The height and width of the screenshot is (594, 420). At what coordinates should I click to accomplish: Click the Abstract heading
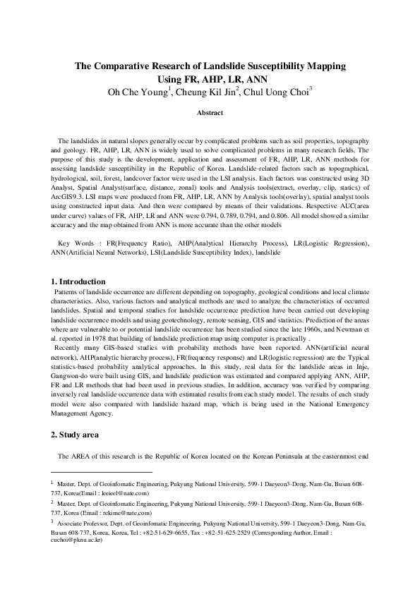(210, 113)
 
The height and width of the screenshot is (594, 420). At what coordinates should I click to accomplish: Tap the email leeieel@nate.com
(121, 494)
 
